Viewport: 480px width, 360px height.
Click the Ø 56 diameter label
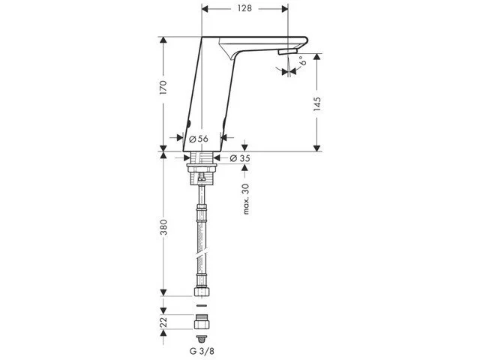pyautogui.click(x=198, y=139)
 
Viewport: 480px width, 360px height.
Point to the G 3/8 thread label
pyautogui.click(x=200, y=349)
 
